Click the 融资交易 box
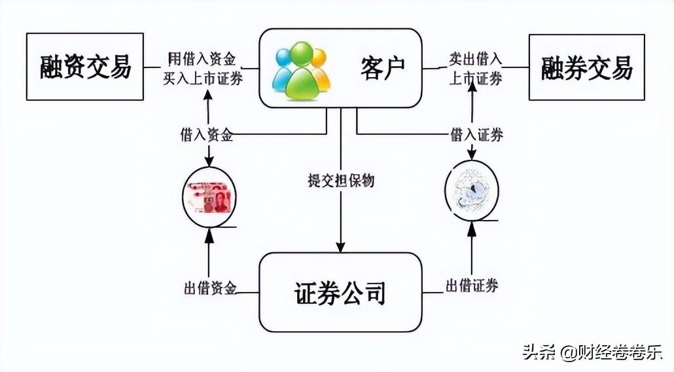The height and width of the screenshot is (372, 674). (84, 66)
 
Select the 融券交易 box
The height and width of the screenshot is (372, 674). (586, 67)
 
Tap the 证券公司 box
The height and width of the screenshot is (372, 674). (340, 292)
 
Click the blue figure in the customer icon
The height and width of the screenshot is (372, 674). (283, 69)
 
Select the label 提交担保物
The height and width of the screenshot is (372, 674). (341, 180)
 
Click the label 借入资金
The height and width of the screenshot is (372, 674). (207, 136)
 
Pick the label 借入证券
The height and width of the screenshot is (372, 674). (476, 136)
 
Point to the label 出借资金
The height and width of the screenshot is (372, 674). (209, 288)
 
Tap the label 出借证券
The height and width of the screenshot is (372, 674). (472, 286)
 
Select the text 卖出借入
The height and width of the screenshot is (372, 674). (475, 60)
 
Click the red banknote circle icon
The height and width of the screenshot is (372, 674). (209, 196)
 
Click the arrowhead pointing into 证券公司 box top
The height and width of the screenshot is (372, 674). (341, 247)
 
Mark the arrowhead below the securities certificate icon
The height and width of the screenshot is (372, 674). (472, 227)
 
